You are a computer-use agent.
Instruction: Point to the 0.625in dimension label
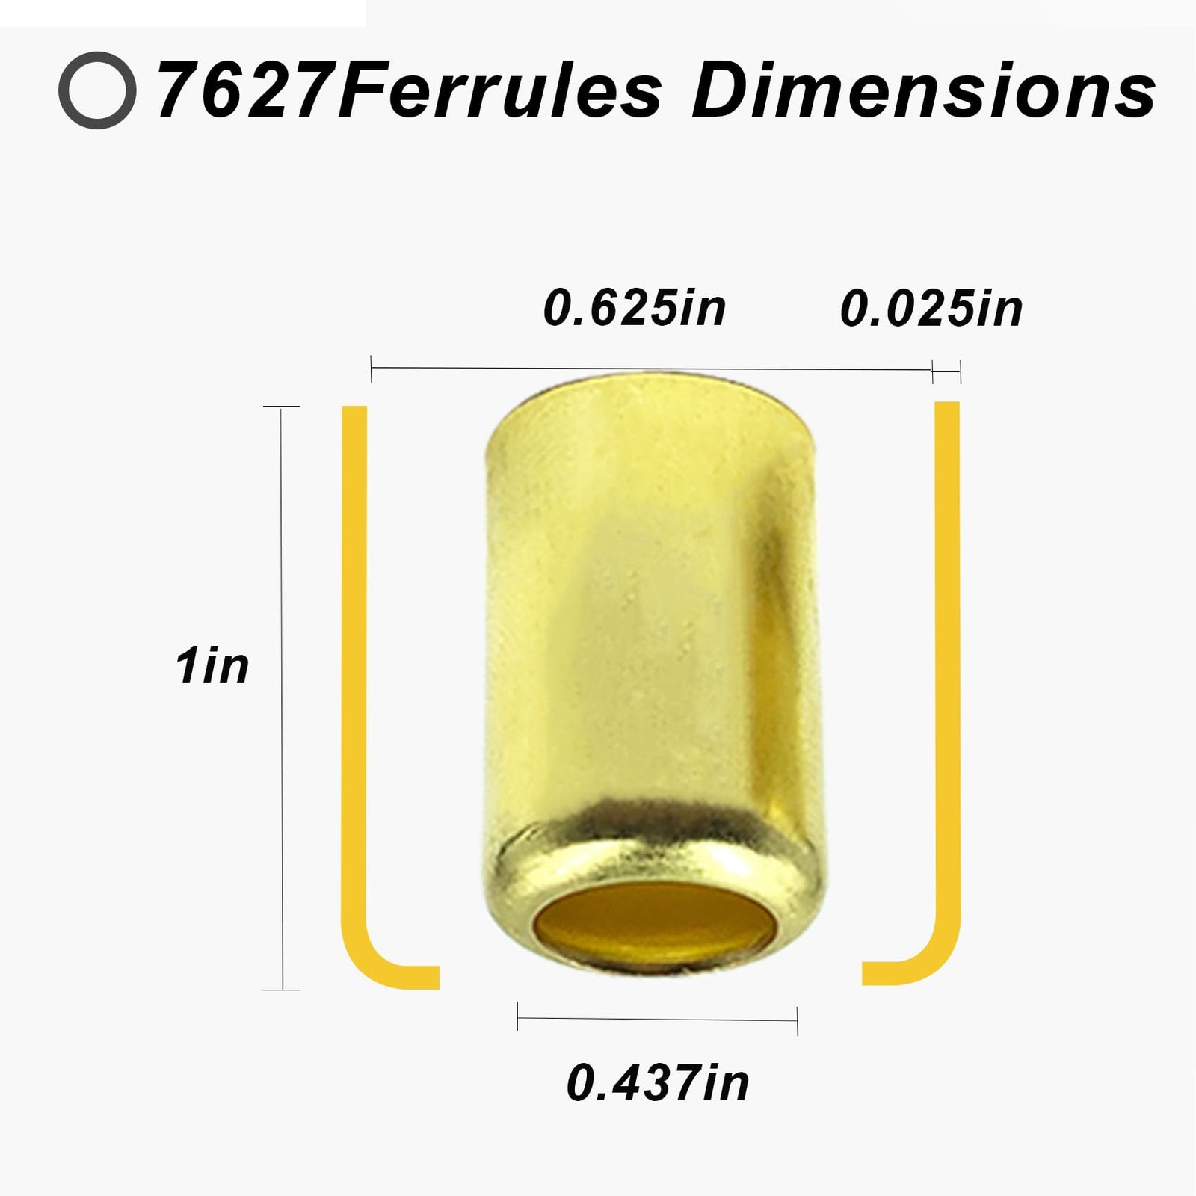[x=635, y=307]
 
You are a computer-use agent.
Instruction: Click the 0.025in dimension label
[x=931, y=307]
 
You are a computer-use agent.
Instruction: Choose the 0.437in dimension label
[x=658, y=1082]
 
